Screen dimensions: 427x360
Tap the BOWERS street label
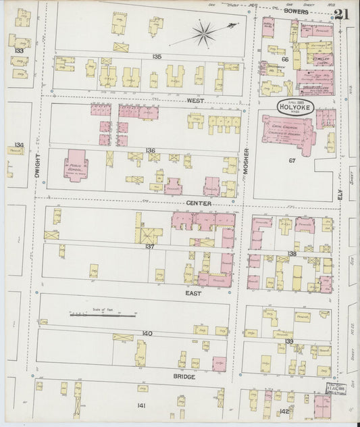[x=296, y=12]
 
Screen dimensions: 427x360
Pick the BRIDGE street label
[x=184, y=376]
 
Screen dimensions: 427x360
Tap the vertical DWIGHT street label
[x=36, y=166]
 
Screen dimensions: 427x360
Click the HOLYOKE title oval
[x=294, y=107]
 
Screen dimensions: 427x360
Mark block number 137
[x=150, y=247]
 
